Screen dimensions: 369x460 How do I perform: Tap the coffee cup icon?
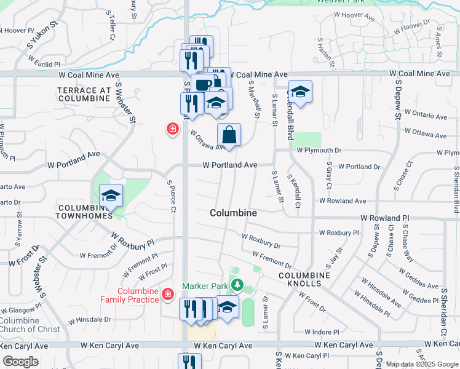pyautogui.click(x=202, y=85)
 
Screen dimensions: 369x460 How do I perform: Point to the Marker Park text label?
pyautogui.click(x=204, y=287)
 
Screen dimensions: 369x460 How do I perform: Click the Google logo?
pyautogui.click(x=20, y=362)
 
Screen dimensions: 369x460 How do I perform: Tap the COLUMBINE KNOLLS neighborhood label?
pyautogui.click(x=299, y=279)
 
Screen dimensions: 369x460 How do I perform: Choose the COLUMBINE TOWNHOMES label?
pyautogui.click(x=85, y=212)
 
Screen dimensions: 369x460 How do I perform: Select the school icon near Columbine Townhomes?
pyautogui.click(x=111, y=196)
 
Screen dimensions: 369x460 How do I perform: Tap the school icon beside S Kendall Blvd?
pyautogui.click(x=299, y=92)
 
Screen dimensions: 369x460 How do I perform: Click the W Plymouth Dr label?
pyautogui.click(x=319, y=150)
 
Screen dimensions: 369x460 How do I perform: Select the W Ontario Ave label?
pyautogui.click(x=424, y=116)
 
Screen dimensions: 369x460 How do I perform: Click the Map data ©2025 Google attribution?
pyautogui.click(x=421, y=364)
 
